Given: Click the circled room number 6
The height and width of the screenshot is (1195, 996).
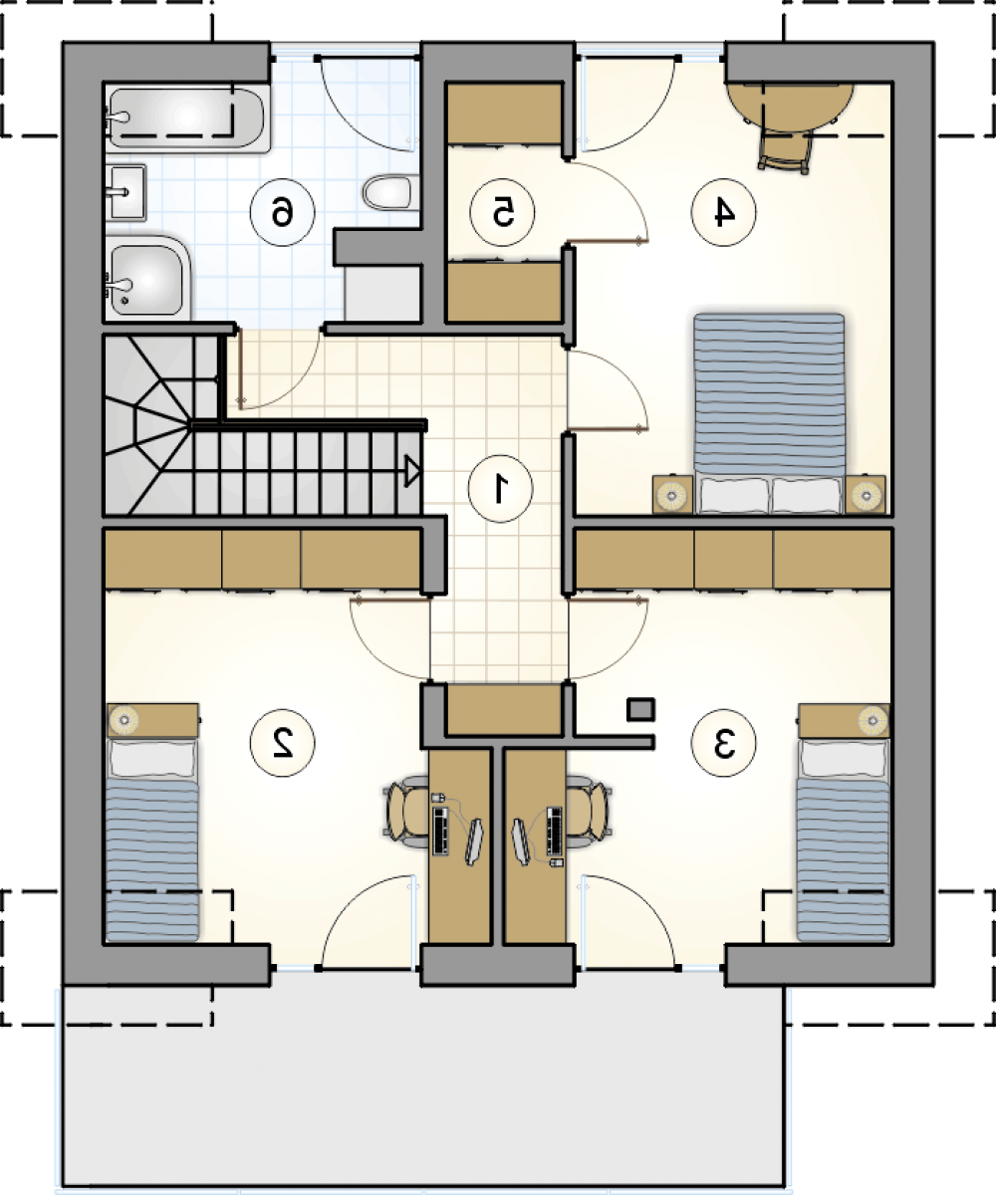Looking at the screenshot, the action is [x=282, y=212].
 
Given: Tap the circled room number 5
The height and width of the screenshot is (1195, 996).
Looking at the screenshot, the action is [x=502, y=212].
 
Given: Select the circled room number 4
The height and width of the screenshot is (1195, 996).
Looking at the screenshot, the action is [x=723, y=212].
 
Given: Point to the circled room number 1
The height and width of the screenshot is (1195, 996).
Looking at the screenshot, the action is [x=500, y=489].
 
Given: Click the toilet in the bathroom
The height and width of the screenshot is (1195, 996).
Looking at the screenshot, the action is [x=387, y=192].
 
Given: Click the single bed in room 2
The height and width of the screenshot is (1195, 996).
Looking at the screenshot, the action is [x=152, y=839].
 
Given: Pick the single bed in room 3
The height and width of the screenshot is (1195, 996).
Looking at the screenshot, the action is [x=844, y=839].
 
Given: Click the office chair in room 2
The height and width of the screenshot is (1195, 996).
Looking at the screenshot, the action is [x=406, y=812].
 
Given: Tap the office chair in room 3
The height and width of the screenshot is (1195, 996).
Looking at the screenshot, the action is [x=588, y=812].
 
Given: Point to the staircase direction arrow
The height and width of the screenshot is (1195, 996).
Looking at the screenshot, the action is [x=412, y=471].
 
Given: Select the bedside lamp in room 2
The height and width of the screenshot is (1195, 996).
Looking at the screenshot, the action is [x=124, y=718].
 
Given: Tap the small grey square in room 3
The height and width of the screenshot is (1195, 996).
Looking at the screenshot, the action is [x=640, y=710].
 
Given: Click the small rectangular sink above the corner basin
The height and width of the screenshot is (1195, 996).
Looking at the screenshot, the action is [x=125, y=192].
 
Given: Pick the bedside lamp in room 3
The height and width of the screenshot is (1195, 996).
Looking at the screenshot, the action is [x=872, y=718].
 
